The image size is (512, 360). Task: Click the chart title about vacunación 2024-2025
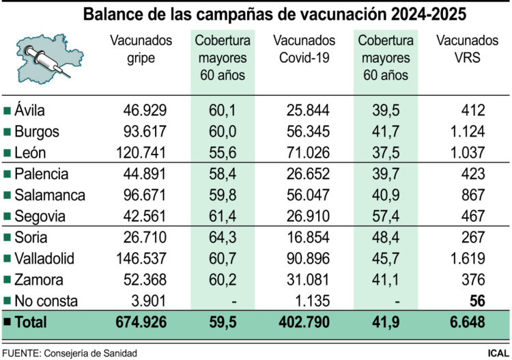255,14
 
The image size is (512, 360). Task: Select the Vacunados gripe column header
141,50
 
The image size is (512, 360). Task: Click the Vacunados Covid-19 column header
304,50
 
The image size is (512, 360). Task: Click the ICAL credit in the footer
496,352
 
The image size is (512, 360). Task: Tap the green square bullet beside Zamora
7,280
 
